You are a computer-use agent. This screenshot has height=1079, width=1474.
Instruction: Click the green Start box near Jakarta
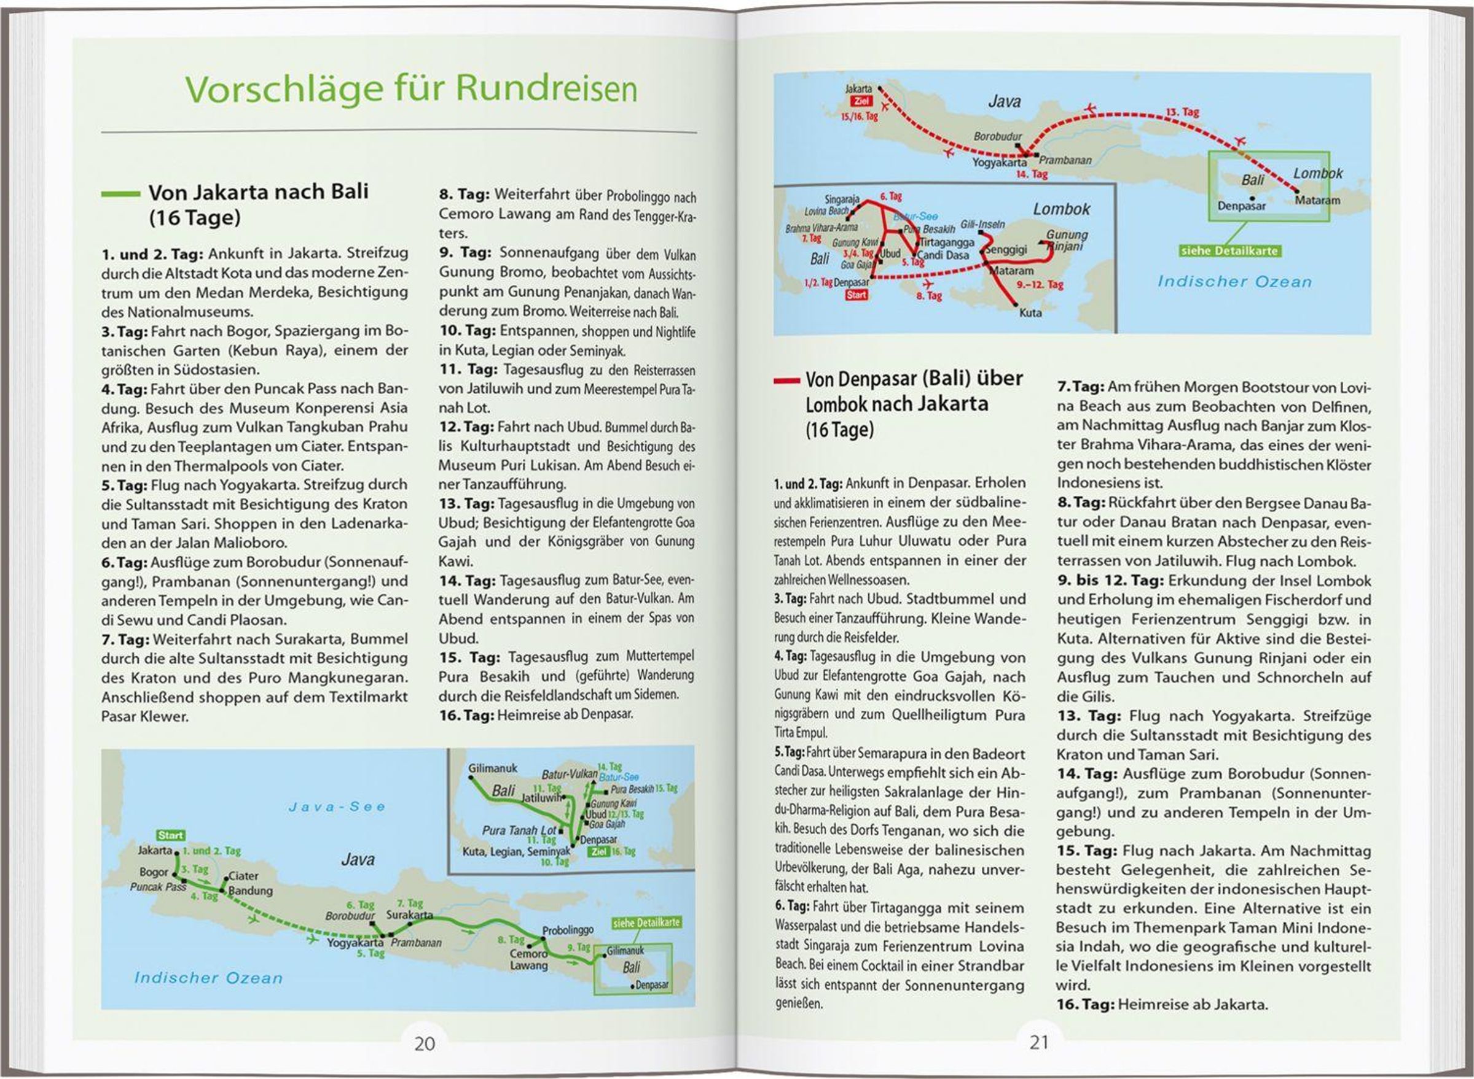pyautogui.click(x=171, y=835)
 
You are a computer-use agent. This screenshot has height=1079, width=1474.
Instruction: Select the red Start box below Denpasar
pyautogui.click(x=857, y=295)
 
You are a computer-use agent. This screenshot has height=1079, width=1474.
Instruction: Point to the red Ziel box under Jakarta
pyautogui.click(x=861, y=102)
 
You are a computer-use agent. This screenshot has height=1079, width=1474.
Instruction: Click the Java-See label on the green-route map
pyautogui.click(x=337, y=807)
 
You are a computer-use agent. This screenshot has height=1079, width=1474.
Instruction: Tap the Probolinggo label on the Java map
pyautogui.click(x=567, y=930)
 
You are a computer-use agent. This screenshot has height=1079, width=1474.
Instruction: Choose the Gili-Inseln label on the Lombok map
pyautogui.click(x=982, y=225)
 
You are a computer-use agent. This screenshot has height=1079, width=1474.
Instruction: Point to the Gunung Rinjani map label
pyautogui.click(x=1067, y=240)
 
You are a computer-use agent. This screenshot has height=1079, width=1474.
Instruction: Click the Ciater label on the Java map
pyautogui.click(x=243, y=876)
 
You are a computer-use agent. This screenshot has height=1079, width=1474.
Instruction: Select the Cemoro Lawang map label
pyautogui.click(x=529, y=959)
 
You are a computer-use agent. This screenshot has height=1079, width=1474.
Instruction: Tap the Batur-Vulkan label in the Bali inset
pyautogui.click(x=569, y=775)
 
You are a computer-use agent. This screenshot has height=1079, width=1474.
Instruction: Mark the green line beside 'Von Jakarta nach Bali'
pyautogui.click(x=121, y=194)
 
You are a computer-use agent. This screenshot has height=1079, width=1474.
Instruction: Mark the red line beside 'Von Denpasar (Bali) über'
pyautogui.click(x=786, y=380)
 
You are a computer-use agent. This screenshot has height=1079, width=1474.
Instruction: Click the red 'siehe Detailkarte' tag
pyautogui.click(x=1229, y=251)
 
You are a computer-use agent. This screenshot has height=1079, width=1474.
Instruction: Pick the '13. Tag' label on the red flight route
pyautogui.click(x=1183, y=112)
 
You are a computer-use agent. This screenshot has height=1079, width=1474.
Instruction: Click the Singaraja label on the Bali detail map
pyautogui.click(x=842, y=199)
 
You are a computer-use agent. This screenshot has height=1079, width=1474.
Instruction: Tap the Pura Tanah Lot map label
pyautogui.click(x=519, y=830)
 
